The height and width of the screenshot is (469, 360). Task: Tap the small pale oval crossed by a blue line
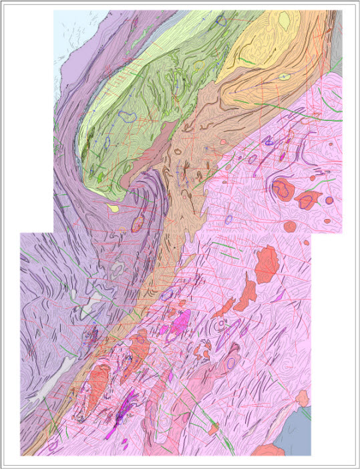coord(284,77)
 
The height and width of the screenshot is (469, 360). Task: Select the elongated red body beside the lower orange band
coord(97,384)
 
